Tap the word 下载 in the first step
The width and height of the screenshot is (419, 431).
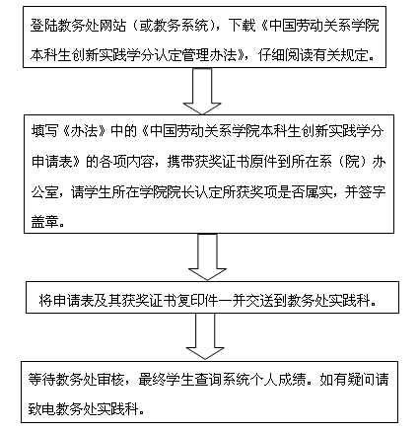click(243, 26)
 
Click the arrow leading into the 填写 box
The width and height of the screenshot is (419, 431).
click(202, 92)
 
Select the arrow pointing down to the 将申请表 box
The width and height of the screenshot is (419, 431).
click(207, 257)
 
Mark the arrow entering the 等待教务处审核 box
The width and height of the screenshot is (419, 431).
click(205, 336)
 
